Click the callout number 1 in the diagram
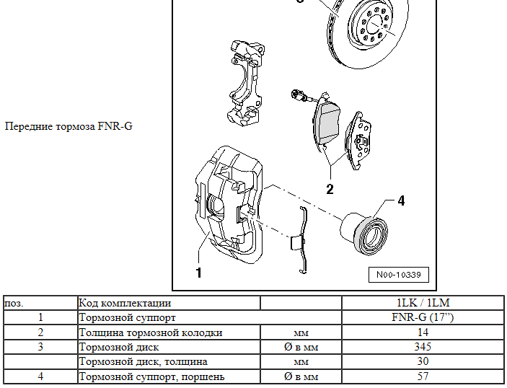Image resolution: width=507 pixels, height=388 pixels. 198,273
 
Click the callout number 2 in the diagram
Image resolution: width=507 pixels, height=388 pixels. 330,190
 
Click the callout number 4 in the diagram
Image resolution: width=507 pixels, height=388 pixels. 401,201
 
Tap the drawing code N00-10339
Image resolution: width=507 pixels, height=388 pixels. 398,275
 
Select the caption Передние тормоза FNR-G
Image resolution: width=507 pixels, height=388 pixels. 69,127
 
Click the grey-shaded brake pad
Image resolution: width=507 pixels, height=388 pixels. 328,122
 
